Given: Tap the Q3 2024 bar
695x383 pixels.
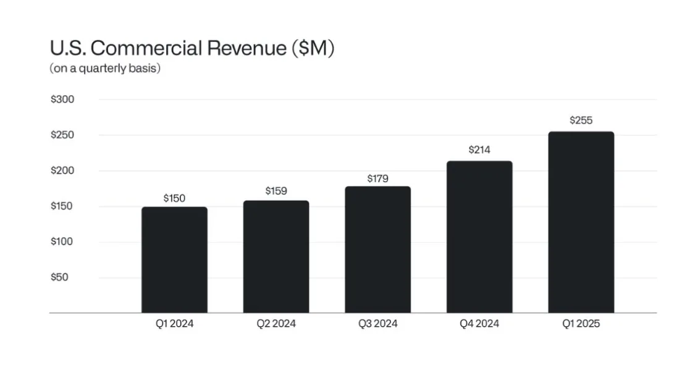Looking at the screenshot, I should tap(377, 250).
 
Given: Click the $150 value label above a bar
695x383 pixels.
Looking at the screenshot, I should tap(174, 198).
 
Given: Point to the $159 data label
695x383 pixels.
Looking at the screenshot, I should tap(276, 191).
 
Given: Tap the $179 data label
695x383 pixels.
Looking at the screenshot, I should tap(377, 179).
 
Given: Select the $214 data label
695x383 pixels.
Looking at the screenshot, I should tap(479, 149).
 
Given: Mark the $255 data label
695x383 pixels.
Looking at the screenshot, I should tap(581, 120).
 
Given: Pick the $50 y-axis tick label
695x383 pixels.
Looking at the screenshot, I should tap(59, 277).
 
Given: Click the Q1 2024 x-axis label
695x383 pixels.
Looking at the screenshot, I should tap(174, 324).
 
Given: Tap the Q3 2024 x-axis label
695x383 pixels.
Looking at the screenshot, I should tap(377, 324).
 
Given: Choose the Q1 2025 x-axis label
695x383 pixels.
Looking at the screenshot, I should tap(581, 324).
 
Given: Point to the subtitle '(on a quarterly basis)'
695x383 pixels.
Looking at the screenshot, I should tap(105, 69).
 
